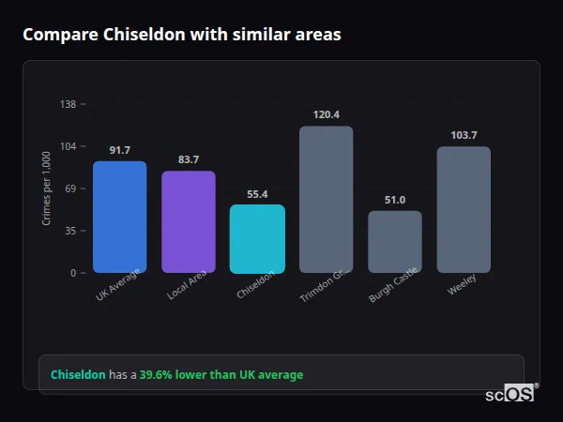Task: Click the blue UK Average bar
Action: click(x=119, y=217)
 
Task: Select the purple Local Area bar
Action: click(x=188, y=221)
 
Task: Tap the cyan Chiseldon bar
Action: click(x=257, y=238)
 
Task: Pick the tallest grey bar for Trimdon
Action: click(x=326, y=199)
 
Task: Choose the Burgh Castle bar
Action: click(x=394, y=241)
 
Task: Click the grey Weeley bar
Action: click(x=464, y=209)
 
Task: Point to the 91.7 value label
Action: click(x=119, y=150)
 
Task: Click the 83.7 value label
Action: click(x=188, y=159)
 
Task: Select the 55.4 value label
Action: click(x=257, y=194)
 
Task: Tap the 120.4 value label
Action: click(x=326, y=114)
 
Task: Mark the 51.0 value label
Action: click(x=394, y=200)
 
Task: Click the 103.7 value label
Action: click(x=464, y=135)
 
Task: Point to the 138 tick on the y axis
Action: click(x=68, y=104)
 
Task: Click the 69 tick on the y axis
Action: click(x=71, y=188)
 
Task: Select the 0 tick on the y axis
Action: click(x=74, y=273)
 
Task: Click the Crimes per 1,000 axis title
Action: click(x=47, y=188)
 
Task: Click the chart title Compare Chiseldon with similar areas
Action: click(x=182, y=35)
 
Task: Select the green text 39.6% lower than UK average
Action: click(x=221, y=375)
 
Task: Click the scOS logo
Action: click(x=510, y=394)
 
